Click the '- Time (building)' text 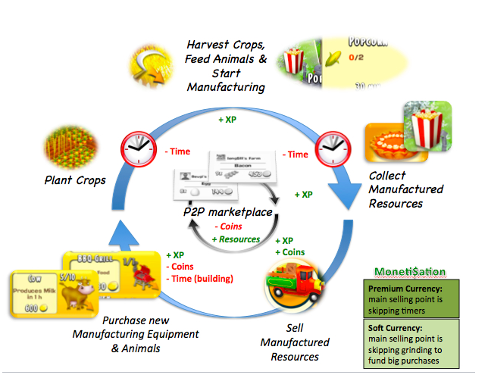click(x=199, y=278)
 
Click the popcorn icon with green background click(x=427, y=126)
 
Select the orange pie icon click(x=385, y=142)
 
